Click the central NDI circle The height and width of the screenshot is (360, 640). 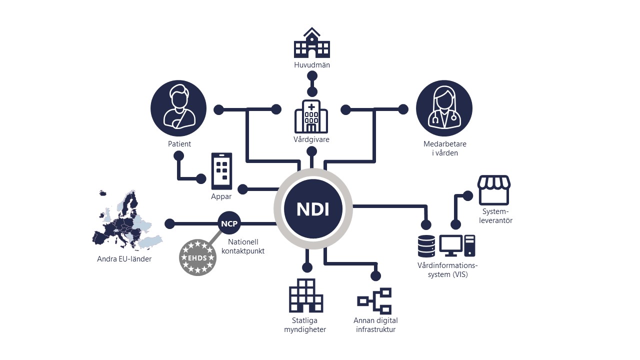(x=313, y=208)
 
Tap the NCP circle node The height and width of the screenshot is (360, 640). (x=229, y=223)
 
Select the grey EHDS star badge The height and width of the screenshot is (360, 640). (x=197, y=257)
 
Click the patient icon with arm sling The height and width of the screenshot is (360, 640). (x=178, y=108)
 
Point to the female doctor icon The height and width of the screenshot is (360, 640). (x=444, y=108)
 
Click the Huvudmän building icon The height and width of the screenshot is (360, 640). (x=312, y=43)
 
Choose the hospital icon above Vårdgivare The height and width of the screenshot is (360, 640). (x=311, y=116)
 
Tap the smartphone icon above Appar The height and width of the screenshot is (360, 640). (x=221, y=171)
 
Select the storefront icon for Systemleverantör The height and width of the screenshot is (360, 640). (x=494, y=189)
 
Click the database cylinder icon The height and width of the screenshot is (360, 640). (x=426, y=245)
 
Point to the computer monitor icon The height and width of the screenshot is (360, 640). (x=451, y=245)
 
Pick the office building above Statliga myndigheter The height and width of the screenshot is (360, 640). (x=305, y=295)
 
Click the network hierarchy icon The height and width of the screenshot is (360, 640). (x=374, y=300)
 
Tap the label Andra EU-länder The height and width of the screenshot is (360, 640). (x=124, y=259)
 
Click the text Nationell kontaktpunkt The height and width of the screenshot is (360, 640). (x=243, y=246)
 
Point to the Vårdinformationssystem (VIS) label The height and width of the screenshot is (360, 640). (x=447, y=269)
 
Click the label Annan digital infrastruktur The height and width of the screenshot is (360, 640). (x=375, y=325)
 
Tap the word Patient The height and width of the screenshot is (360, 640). (x=179, y=144)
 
